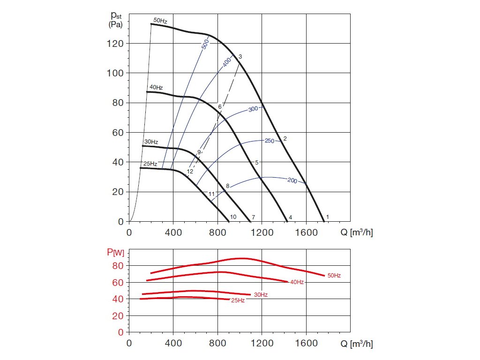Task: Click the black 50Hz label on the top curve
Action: point(160,21)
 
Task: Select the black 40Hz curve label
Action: point(156,88)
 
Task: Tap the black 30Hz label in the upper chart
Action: point(151,142)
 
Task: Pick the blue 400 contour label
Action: point(227,61)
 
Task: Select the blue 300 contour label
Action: point(254,109)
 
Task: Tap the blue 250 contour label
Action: point(270,141)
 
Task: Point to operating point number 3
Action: point(240,57)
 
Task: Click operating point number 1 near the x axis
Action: point(327,217)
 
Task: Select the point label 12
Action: point(190,172)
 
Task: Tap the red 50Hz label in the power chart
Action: point(334,276)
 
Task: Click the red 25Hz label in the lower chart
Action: point(238,300)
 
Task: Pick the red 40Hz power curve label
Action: point(297,282)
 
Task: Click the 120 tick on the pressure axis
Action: point(115,44)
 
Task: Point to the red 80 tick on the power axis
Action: point(118,266)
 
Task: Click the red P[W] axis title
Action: point(116,253)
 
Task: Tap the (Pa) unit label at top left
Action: point(116,24)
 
